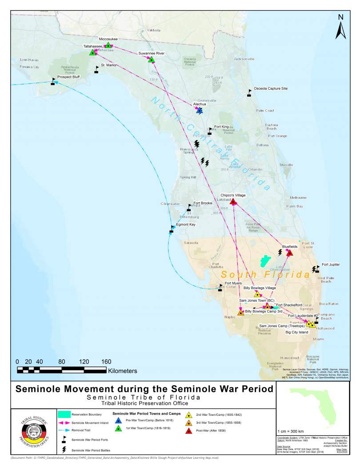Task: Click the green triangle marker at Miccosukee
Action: click(108, 45)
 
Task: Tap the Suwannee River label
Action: click(151, 53)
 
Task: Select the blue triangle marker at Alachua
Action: click(200, 111)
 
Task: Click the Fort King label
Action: click(221, 127)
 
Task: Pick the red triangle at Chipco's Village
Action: click(233, 202)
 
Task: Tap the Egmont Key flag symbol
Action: click(172, 229)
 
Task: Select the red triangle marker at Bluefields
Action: click(290, 253)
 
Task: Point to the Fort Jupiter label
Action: click(331, 265)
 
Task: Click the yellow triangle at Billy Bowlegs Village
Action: click(257, 294)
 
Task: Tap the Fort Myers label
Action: click(234, 284)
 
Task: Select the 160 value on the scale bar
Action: click(107, 361)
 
